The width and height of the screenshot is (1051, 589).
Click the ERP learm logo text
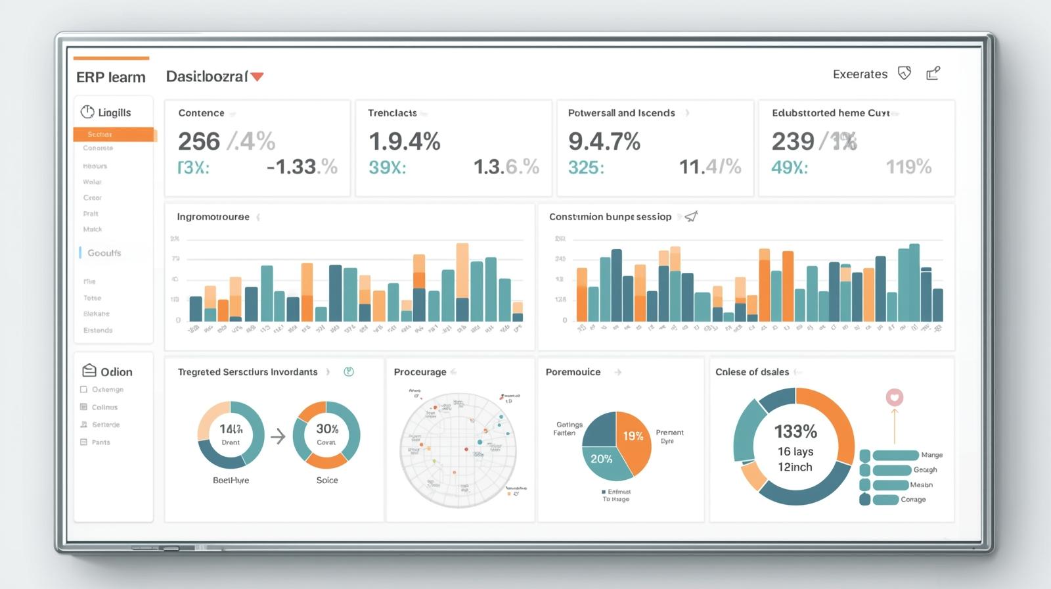tap(110, 78)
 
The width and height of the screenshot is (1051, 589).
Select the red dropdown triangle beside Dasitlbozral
tap(257, 77)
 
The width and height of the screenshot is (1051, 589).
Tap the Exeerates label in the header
tap(860, 74)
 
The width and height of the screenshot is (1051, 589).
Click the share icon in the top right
tap(933, 74)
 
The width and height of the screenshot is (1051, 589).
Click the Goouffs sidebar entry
tap(104, 253)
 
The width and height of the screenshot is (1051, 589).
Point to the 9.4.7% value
tap(604, 141)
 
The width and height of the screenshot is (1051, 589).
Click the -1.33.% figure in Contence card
tap(302, 167)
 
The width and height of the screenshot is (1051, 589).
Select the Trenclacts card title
tap(392, 113)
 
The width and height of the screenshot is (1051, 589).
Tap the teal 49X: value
tap(789, 168)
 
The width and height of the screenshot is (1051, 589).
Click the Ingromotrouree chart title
tap(213, 217)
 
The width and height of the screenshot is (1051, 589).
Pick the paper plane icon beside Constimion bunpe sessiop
tap(691, 216)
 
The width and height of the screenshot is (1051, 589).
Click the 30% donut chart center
tap(326, 434)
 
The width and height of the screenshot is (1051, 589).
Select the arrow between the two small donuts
tap(279, 436)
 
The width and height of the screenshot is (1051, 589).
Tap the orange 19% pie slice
tap(632, 437)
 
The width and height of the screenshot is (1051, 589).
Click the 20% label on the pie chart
tap(601, 459)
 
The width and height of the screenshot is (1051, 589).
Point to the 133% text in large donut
tap(795, 432)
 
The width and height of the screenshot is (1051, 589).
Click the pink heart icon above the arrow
tap(894, 397)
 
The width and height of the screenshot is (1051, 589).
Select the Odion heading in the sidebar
tap(116, 372)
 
